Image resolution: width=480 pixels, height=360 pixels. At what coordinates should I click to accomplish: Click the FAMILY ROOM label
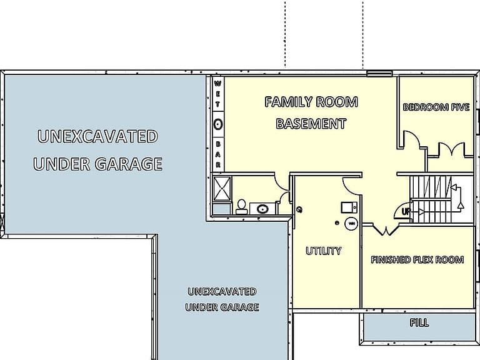point(311,102)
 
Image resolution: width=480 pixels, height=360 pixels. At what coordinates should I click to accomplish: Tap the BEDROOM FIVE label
point(436,107)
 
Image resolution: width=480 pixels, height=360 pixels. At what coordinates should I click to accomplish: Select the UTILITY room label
point(324,251)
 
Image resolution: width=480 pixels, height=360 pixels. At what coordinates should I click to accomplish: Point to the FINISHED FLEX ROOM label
point(417,260)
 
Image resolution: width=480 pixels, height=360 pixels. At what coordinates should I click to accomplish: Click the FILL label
point(419,322)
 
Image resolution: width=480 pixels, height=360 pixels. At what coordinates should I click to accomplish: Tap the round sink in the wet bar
point(217,124)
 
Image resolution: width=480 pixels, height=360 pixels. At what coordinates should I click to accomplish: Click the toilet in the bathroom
point(241,207)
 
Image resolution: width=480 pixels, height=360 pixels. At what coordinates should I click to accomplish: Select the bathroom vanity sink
point(262,209)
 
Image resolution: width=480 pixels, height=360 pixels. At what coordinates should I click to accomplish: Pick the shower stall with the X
point(222,189)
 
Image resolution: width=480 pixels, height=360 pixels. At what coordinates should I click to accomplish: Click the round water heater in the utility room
point(351,223)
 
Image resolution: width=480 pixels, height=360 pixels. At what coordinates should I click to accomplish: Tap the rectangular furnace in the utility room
point(349,207)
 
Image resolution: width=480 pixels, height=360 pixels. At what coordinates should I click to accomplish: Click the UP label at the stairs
point(406,211)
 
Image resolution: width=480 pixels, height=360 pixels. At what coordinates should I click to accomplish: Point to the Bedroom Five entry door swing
point(412,140)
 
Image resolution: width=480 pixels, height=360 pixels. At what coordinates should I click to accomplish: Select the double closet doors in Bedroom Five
point(451,149)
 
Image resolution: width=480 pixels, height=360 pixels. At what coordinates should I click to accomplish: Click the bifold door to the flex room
point(386,230)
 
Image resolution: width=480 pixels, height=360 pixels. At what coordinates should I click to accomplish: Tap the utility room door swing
point(351,186)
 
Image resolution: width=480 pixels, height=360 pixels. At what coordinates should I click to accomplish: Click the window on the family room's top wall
point(379,74)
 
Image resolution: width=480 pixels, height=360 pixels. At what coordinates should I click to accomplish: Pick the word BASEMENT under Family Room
point(311,124)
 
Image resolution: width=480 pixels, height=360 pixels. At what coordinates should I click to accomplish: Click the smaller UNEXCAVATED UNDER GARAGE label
point(222,299)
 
